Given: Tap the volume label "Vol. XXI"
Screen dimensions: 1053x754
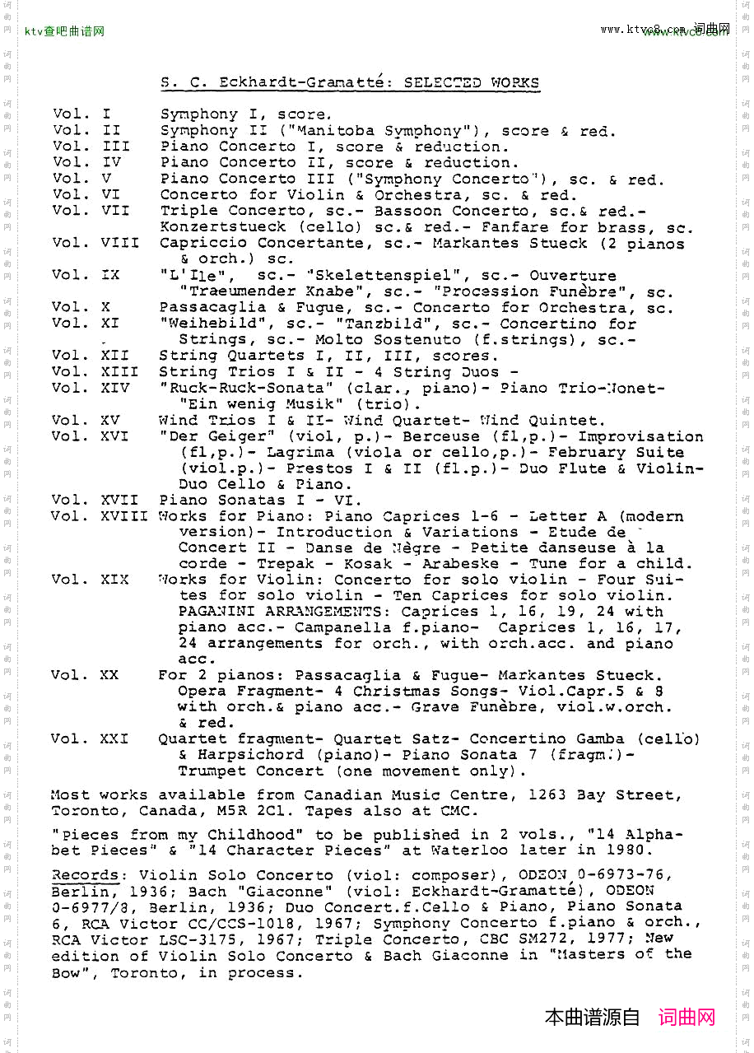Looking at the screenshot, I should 89,739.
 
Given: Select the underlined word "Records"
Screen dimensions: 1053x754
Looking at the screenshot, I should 85,875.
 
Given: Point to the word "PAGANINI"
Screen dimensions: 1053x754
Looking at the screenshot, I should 216,612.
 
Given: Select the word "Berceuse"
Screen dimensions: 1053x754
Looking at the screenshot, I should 440,436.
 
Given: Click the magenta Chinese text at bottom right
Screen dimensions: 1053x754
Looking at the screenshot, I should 687,1018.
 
